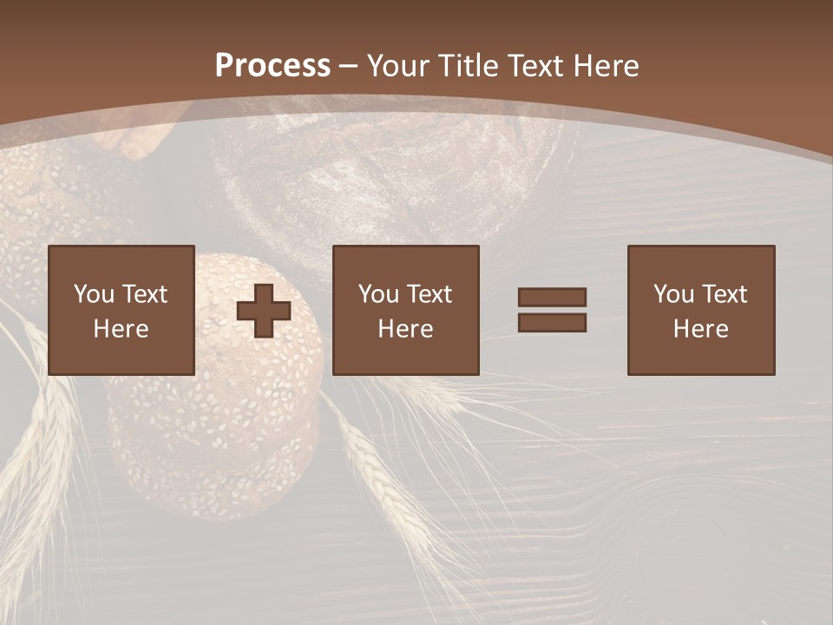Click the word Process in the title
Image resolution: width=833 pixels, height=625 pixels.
[x=272, y=66]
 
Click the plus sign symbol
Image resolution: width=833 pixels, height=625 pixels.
[x=264, y=311]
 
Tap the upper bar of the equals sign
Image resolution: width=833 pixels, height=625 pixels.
[x=552, y=298]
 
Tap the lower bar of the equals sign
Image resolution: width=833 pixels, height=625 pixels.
[x=552, y=322]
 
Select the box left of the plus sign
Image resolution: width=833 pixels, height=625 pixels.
[x=121, y=310]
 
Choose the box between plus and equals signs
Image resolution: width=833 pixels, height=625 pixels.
[x=405, y=310]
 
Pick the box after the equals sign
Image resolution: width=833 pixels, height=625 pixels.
[x=701, y=310]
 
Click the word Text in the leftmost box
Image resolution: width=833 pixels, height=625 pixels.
[x=145, y=294]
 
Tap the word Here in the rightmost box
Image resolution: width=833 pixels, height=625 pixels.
[x=701, y=329]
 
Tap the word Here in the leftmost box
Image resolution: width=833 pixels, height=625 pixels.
[x=121, y=329]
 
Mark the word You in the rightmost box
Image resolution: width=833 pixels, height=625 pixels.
[x=673, y=294]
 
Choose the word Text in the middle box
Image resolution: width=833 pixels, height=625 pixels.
[x=430, y=294]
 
